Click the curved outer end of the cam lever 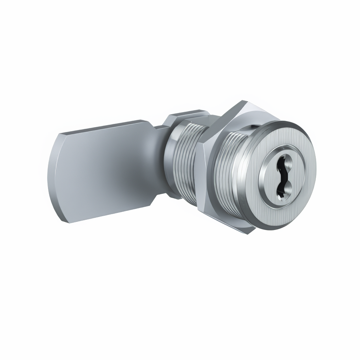(x=57, y=179)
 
